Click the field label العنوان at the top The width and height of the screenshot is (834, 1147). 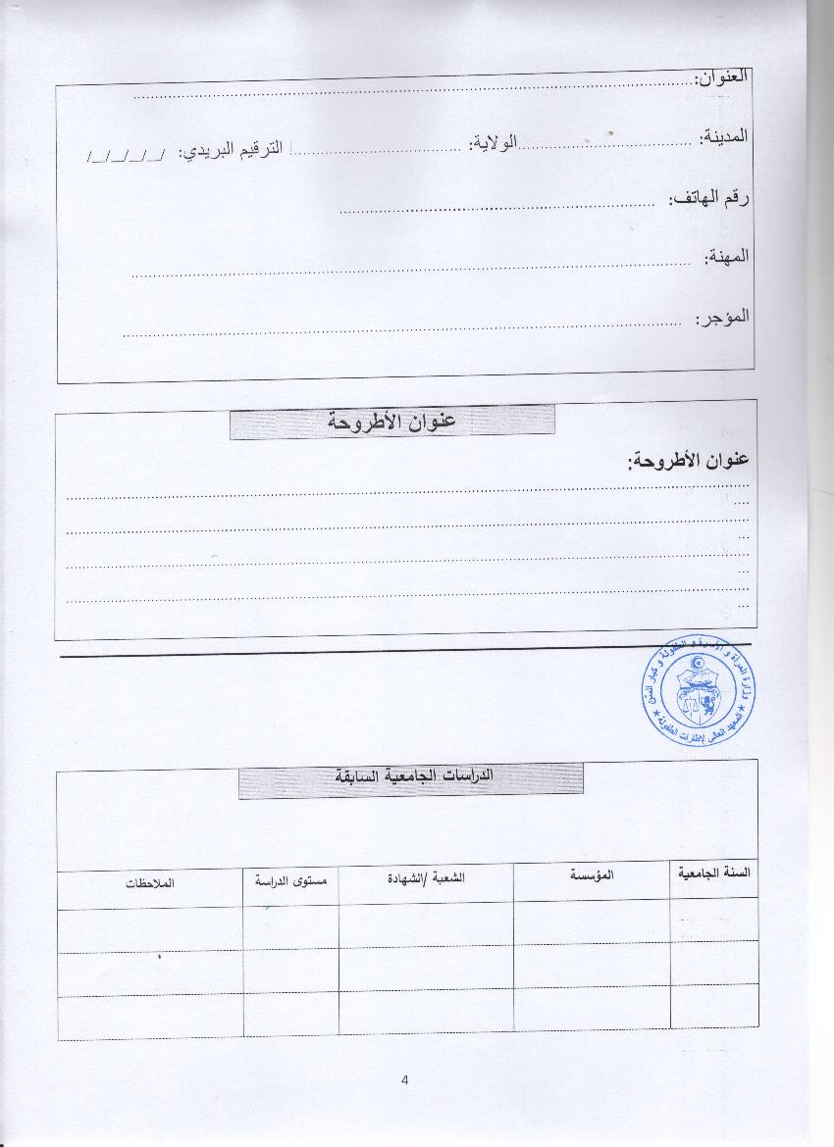(x=722, y=78)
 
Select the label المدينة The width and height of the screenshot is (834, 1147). (x=725, y=136)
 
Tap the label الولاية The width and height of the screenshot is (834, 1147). (x=493, y=144)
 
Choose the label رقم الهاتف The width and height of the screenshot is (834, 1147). (x=710, y=199)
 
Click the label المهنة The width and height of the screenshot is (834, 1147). (x=727, y=256)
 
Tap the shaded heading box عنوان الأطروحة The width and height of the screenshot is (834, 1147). (x=391, y=422)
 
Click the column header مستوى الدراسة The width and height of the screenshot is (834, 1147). (x=290, y=880)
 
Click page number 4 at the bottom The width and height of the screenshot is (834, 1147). (x=404, y=1080)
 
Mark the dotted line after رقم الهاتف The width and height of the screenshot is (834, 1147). (x=496, y=207)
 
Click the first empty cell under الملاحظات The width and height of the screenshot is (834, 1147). (x=149, y=929)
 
